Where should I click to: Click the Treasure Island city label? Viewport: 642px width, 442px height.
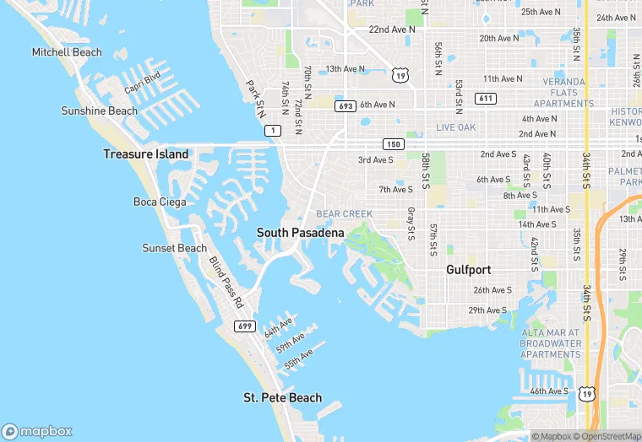[x=146, y=154]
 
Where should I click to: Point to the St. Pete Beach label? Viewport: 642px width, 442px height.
[x=282, y=397]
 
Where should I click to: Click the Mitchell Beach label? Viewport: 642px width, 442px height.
[x=67, y=52]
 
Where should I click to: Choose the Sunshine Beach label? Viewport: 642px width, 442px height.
[x=99, y=111]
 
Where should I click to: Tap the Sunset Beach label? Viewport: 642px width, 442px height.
[x=174, y=248]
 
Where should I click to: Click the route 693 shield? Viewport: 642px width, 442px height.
[x=345, y=106]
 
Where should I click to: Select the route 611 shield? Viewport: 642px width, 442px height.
[x=486, y=99]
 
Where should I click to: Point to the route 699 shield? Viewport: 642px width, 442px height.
[x=245, y=326]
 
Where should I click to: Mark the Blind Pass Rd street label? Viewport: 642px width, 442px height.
[x=226, y=281]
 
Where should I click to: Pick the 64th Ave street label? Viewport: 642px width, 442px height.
[x=278, y=326]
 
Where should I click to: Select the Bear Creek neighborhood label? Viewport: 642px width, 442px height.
[x=344, y=214]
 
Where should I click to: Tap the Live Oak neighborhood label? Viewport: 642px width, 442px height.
[x=456, y=127]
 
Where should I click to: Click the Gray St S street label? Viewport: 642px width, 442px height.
[x=411, y=223]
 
